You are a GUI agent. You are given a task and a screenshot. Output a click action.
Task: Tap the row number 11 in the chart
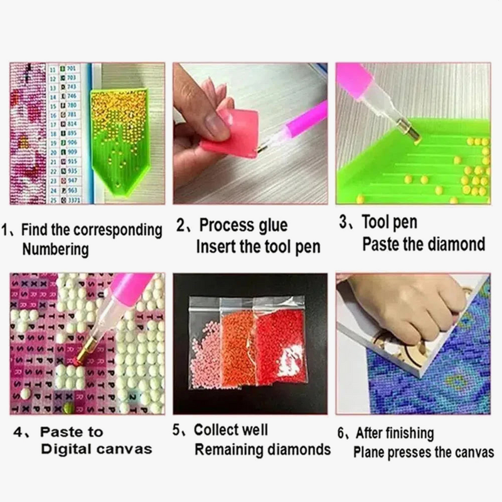click(53, 67)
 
